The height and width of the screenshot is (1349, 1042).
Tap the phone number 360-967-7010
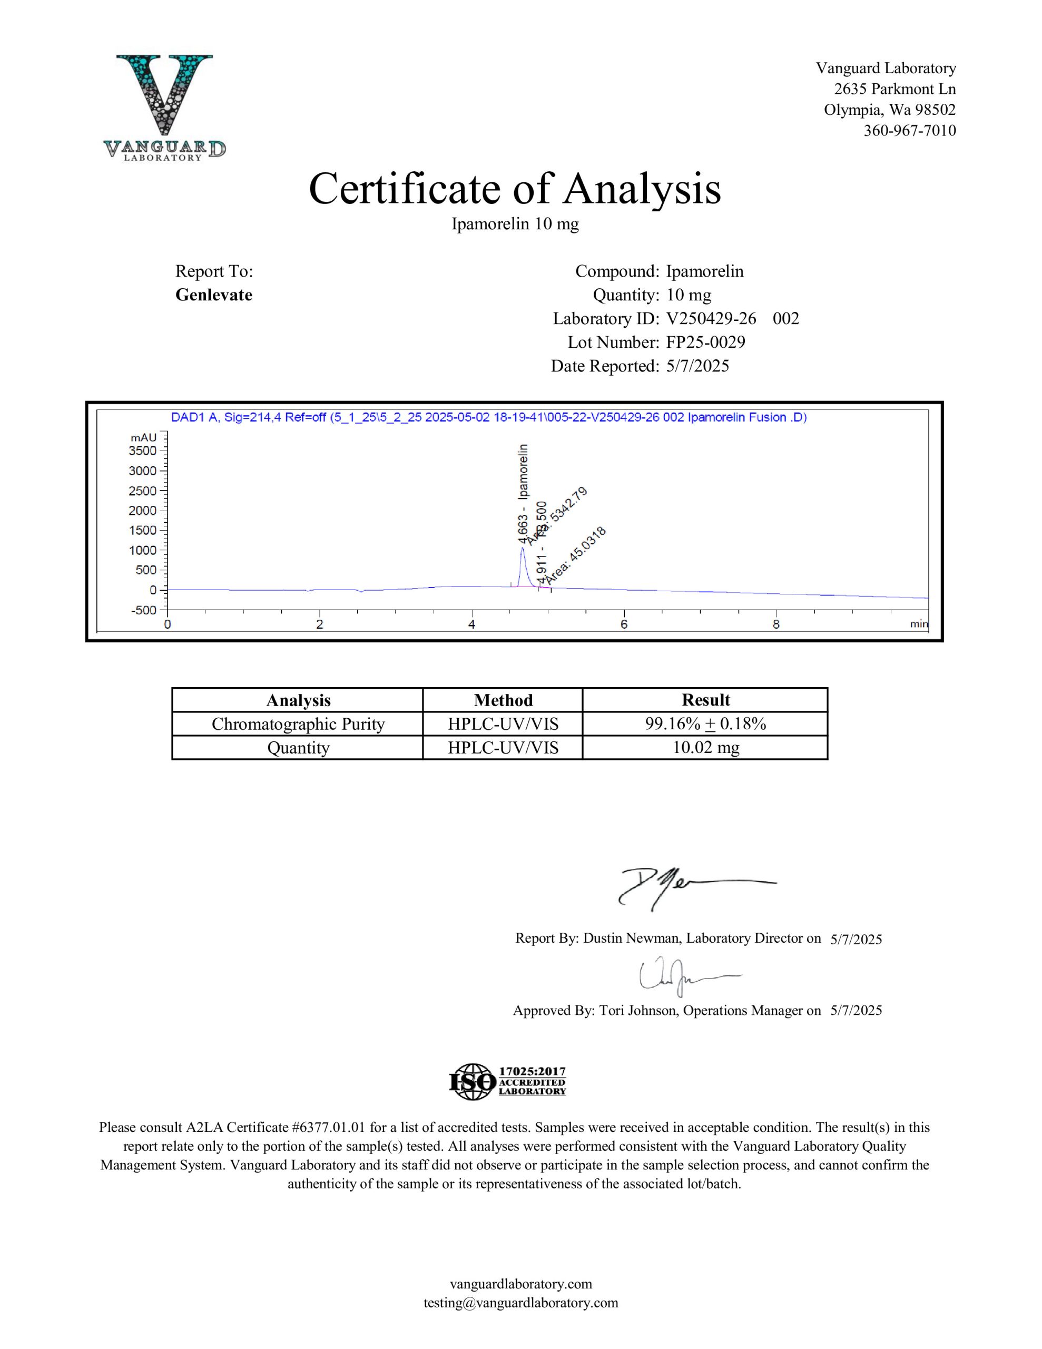(x=909, y=130)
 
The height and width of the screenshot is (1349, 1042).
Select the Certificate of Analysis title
(x=515, y=189)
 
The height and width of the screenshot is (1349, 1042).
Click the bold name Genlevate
(x=214, y=295)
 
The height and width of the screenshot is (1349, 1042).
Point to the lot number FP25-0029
(x=705, y=342)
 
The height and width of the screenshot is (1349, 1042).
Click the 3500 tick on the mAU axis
(x=143, y=451)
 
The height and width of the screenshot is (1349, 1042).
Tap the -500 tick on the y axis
(x=143, y=610)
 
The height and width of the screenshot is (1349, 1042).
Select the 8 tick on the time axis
(x=776, y=624)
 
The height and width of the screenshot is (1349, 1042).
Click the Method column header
(x=503, y=700)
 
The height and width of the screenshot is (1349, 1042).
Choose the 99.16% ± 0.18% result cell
(x=705, y=724)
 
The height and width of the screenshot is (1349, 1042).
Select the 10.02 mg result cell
(x=705, y=747)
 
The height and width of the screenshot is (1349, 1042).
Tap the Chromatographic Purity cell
(x=298, y=724)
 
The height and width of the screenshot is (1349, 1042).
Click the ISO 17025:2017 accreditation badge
(x=507, y=1081)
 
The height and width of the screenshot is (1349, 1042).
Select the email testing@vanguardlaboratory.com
(x=520, y=1303)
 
